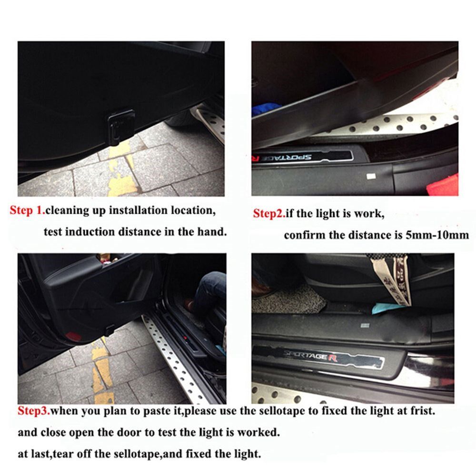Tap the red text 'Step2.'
269,213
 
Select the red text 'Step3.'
34,411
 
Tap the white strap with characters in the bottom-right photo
397,281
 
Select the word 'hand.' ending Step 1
212,232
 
